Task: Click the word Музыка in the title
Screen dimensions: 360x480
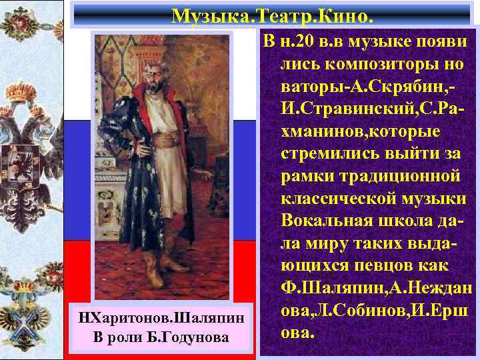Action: pos(203,14)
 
